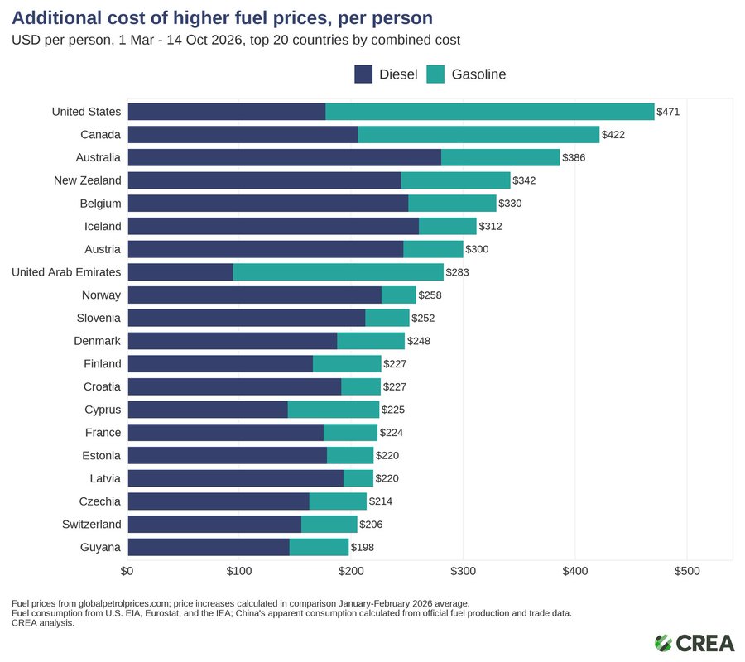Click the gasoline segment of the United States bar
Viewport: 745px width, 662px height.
(x=490, y=112)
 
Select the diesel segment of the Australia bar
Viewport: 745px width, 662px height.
(x=285, y=157)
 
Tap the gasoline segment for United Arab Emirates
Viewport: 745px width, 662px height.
(x=339, y=272)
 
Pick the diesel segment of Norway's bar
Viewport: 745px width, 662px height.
(x=255, y=295)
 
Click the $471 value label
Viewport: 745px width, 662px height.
(x=668, y=112)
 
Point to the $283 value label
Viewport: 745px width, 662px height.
(x=457, y=272)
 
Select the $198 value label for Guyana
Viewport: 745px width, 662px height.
(x=363, y=547)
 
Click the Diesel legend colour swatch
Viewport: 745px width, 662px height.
(x=363, y=74)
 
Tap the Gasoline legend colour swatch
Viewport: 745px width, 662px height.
(x=435, y=74)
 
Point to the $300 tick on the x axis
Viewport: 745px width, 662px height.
(x=464, y=571)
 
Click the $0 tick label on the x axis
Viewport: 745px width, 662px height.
(x=127, y=571)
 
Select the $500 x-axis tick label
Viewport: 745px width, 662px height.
(x=687, y=571)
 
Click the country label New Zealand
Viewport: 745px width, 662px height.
(x=88, y=180)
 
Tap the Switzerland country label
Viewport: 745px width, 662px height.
(x=92, y=525)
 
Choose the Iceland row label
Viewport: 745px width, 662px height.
(x=103, y=226)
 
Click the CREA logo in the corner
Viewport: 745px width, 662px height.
(x=695, y=644)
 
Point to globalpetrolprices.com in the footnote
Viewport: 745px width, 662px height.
(x=124, y=603)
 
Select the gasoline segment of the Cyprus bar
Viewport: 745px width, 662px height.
(x=334, y=410)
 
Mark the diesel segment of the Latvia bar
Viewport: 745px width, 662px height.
(x=236, y=478)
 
